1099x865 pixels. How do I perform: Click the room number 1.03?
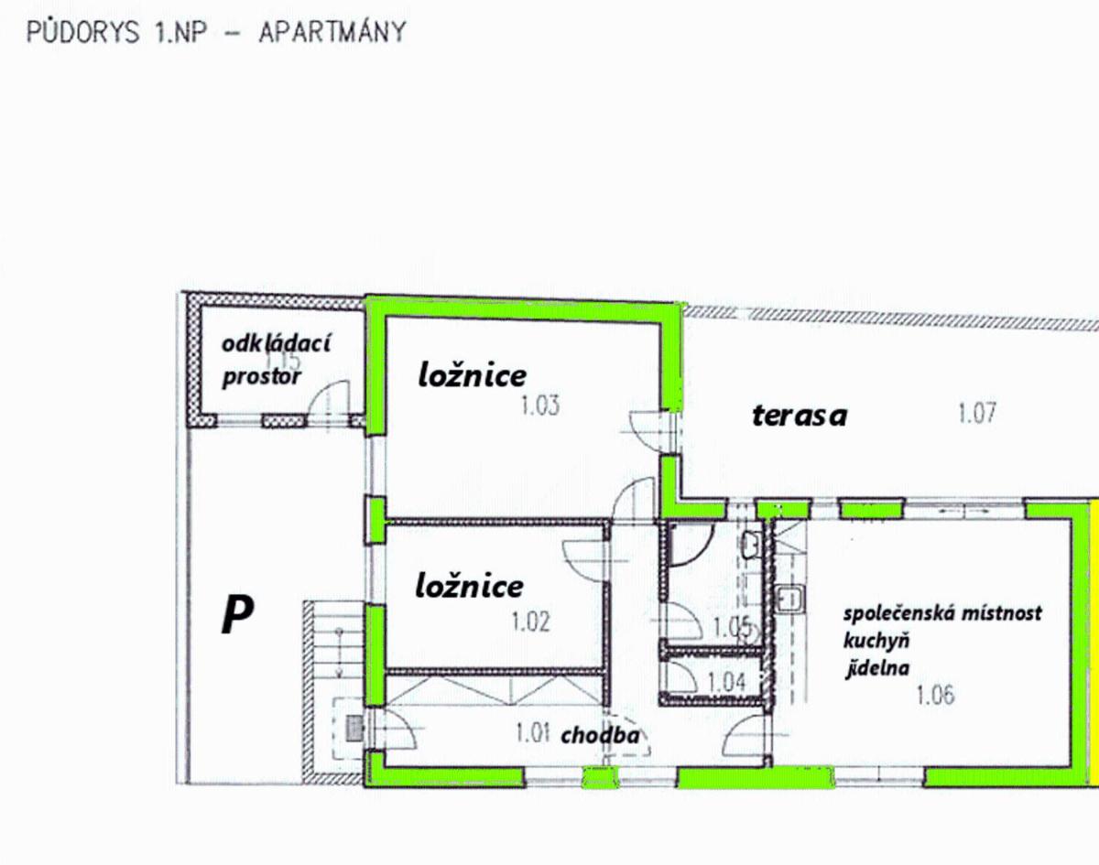pyautogui.click(x=540, y=405)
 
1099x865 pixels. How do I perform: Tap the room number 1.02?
pyautogui.click(x=531, y=622)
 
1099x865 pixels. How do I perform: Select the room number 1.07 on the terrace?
pyautogui.click(x=977, y=413)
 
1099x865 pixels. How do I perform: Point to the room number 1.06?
pyautogui.click(x=935, y=695)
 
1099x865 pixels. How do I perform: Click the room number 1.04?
pyautogui.click(x=726, y=681)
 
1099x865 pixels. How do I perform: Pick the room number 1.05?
pyautogui.click(x=732, y=626)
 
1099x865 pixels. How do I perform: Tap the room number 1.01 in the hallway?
pyautogui.click(x=532, y=733)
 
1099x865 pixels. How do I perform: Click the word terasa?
pyautogui.click(x=800, y=416)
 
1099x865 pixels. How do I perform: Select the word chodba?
pyautogui.click(x=600, y=735)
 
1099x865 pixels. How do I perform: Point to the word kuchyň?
pyautogui.click(x=876, y=641)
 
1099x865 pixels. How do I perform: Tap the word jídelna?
pyautogui.click(x=877, y=668)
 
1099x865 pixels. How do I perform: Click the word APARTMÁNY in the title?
pyautogui.click(x=332, y=32)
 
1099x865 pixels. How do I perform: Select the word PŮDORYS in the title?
pyautogui.click(x=82, y=32)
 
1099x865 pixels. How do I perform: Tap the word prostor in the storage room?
pyautogui.click(x=262, y=377)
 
